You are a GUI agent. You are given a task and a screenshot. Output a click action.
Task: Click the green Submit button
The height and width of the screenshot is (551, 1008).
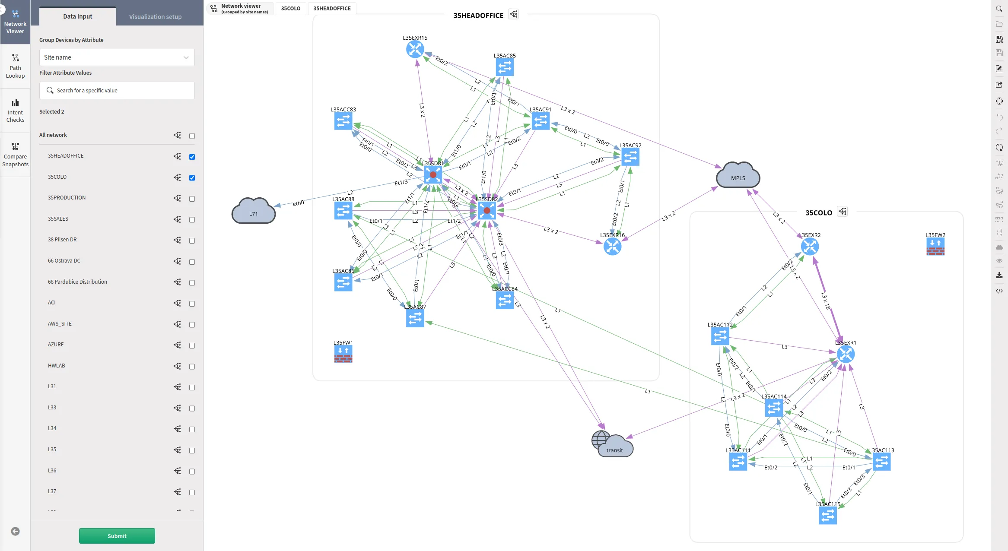tap(117, 536)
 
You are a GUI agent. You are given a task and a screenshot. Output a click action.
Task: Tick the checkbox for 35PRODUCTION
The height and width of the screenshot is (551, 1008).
tap(192, 199)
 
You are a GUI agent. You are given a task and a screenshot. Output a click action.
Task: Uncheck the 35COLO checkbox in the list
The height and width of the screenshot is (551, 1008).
tap(192, 178)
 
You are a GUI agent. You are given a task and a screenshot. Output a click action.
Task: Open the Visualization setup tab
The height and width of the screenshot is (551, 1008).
tap(155, 17)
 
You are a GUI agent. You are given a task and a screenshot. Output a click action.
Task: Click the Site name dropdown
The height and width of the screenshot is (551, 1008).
tap(117, 57)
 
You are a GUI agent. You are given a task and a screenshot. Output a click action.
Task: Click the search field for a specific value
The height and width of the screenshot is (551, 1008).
tap(117, 91)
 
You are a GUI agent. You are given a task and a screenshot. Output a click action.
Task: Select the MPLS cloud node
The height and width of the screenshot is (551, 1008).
tap(738, 175)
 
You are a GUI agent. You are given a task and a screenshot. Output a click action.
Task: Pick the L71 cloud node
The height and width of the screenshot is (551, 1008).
tap(254, 211)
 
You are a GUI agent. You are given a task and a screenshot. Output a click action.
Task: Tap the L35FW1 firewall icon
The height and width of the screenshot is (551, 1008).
tap(343, 355)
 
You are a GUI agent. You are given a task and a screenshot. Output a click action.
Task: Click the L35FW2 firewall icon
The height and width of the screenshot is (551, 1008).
tap(935, 247)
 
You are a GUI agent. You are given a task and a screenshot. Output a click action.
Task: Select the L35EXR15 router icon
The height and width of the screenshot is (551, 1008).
tap(415, 50)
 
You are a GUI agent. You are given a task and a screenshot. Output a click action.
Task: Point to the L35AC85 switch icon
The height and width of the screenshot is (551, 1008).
tap(505, 68)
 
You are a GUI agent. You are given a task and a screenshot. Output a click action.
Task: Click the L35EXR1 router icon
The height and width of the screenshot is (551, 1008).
tap(846, 355)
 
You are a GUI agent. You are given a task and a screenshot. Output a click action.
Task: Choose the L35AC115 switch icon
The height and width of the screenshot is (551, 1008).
tap(828, 516)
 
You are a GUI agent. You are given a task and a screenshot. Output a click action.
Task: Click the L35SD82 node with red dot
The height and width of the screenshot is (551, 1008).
tap(487, 211)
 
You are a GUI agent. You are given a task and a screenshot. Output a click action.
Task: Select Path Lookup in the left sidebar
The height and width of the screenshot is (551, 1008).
tap(15, 66)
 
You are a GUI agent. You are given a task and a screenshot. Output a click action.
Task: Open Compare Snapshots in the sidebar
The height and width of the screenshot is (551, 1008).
tap(15, 155)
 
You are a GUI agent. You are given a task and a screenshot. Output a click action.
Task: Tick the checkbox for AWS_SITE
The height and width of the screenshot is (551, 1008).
tap(192, 325)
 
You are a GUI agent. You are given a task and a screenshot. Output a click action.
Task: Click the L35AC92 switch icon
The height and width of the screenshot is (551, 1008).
tap(630, 157)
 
